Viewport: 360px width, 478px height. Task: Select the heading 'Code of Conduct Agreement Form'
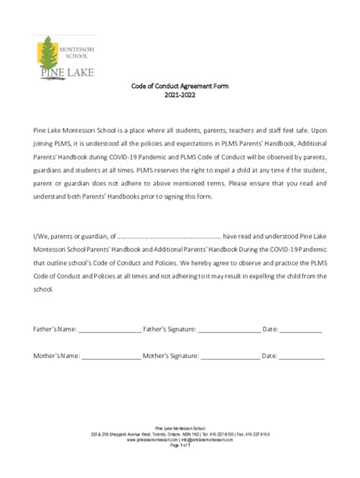180,86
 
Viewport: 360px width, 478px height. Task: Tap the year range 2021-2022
180,96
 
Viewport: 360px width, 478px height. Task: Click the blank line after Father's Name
109,330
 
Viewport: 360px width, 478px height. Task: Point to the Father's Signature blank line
229,330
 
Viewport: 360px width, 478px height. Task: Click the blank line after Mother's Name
111,355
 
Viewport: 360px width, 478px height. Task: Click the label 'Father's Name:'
55,329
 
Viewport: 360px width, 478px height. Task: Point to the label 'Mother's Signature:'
171,354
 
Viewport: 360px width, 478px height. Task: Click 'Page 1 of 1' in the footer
180,445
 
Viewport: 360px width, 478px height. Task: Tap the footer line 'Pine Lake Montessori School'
180,429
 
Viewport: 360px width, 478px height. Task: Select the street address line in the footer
180,434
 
